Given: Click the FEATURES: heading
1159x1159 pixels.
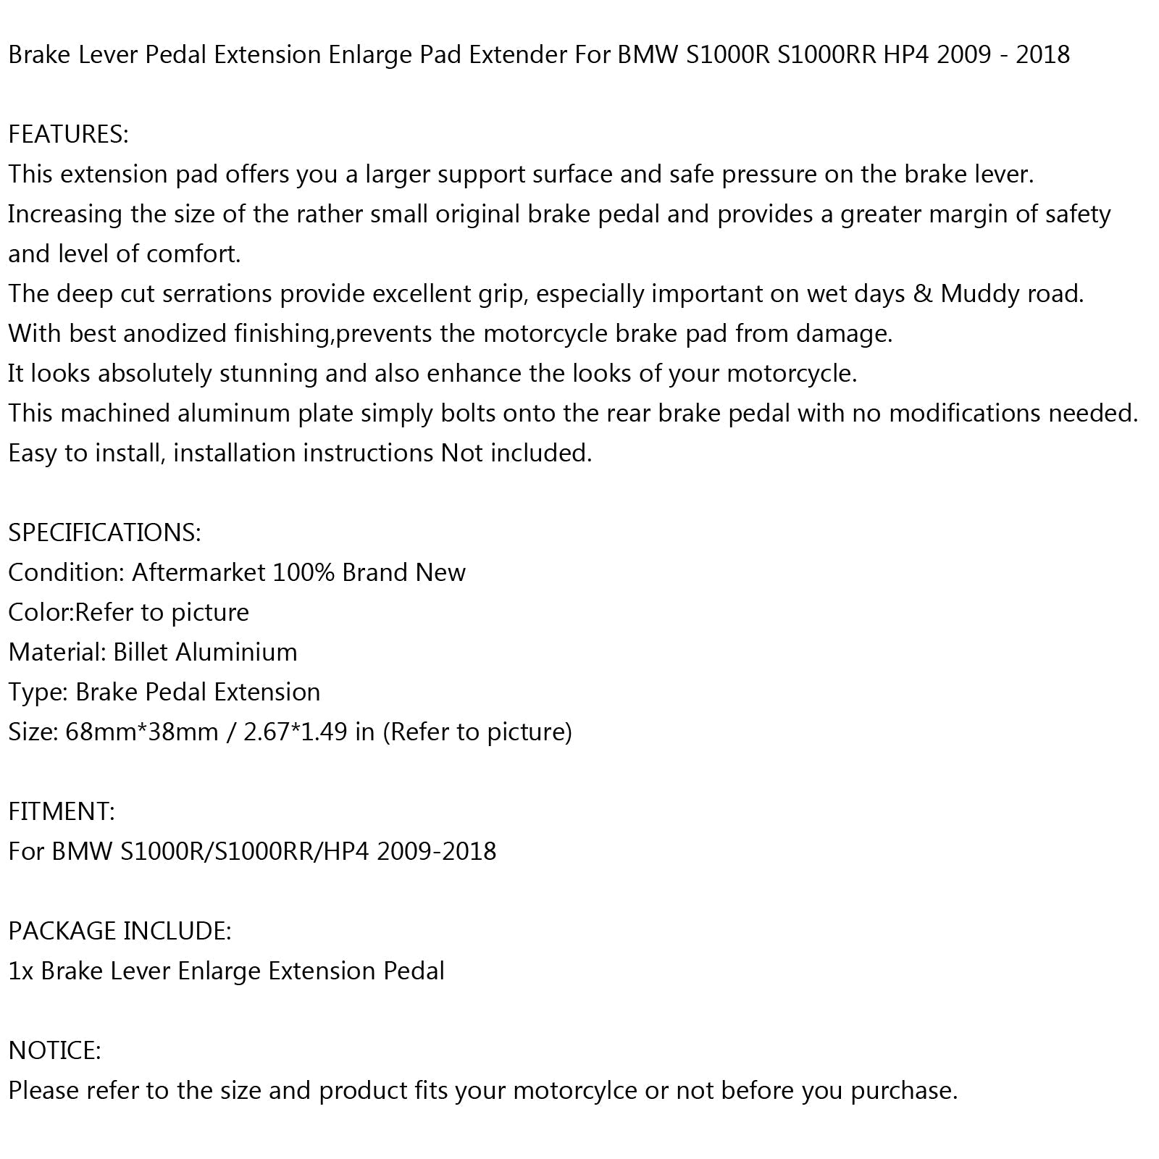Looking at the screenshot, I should pyautogui.click(x=68, y=135).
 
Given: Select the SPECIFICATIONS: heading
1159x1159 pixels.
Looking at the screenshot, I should pyautogui.click(x=104, y=533).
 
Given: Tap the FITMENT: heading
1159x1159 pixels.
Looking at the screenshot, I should pyautogui.click(x=62, y=811).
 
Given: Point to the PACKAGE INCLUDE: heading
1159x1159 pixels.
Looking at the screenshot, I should pyautogui.click(x=120, y=931).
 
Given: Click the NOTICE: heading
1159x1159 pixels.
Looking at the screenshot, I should pyautogui.click(x=54, y=1050).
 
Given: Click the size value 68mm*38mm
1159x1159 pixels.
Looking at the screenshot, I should pyautogui.click(x=142, y=732).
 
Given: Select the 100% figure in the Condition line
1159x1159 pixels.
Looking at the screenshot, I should pyautogui.click(x=304, y=573).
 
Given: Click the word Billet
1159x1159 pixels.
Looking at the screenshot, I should pyautogui.click(x=141, y=653).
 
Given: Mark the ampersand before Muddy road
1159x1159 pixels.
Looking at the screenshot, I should pyautogui.click(x=922, y=294).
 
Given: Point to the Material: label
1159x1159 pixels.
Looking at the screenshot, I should pyautogui.click(x=57, y=653).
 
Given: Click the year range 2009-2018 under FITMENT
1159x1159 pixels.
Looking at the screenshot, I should pyautogui.click(x=436, y=851).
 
